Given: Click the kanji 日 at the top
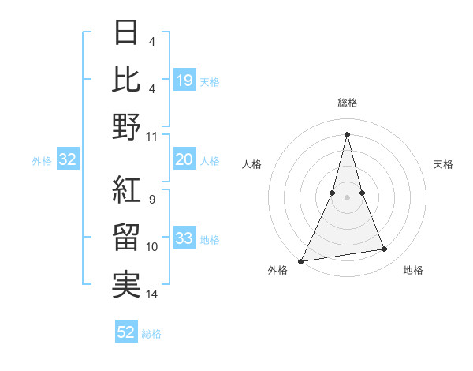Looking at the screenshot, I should tap(127, 33).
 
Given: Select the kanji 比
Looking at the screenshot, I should tap(127, 80).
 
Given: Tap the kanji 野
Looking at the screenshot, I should tap(127, 126).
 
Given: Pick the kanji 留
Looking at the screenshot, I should tap(127, 238).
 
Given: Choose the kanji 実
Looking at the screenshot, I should tap(127, 285).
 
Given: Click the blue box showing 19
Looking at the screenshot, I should tap(184, 81).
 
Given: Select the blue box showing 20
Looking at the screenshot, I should tap(184, 159).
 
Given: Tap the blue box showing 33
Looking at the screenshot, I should tap(184, 238).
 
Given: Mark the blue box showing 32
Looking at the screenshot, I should tap(68, 159).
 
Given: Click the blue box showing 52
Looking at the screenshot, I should tap(126, 332).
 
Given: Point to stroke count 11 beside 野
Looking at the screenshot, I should tap(152, 136).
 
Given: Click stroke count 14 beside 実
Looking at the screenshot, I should tap(152, 294).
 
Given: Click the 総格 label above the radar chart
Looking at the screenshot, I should tap(347, 103).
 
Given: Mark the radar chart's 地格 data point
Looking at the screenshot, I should tap(384, 249).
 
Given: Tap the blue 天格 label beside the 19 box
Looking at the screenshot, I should tap(210, 82).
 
